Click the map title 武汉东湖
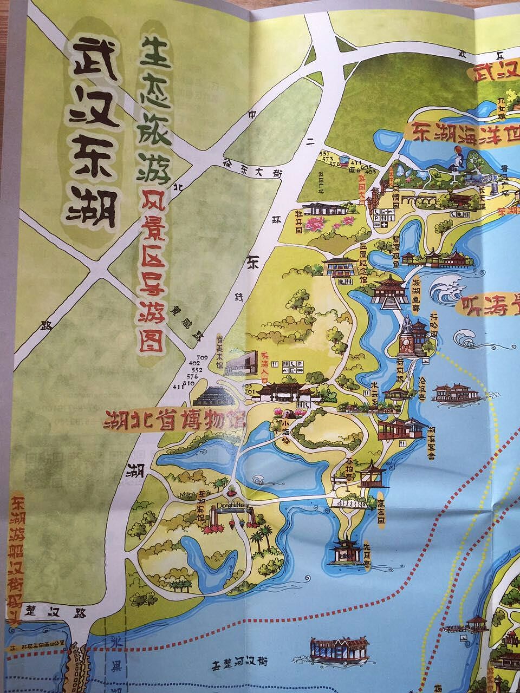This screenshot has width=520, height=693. click(x=92, y=135)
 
